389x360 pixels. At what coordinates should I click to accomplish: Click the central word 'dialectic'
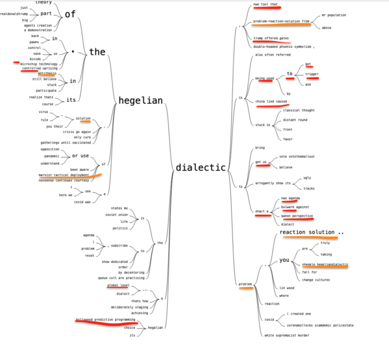[x=200, y=168]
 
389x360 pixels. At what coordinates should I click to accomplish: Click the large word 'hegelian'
[x=140, y=101]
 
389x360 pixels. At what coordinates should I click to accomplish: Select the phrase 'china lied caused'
[x=271, y=101]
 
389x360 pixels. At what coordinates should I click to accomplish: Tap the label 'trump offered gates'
[x=271, y=38]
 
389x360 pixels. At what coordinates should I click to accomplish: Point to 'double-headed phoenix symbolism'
[x=284, y=47]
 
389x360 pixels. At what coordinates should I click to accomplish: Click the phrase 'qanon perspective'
[x=297, y=216]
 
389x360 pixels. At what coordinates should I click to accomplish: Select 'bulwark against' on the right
[x=295, y=207]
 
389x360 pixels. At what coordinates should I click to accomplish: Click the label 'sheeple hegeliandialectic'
[x=325, y=264]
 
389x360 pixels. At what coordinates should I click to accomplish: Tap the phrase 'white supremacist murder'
[x=287, y=335]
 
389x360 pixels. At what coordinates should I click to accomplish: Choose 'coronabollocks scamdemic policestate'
[x=320, y=325]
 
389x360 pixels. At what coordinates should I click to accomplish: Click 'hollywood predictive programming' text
[x=106, y=320]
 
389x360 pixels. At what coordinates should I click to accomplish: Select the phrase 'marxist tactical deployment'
[x=64, y=175]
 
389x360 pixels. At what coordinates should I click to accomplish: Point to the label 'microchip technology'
[x=39, y=64]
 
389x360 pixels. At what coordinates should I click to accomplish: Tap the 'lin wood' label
[x=287, y=288]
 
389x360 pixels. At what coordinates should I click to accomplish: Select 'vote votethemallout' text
[x=297, y=156]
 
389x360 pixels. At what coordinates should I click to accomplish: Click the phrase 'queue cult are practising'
[x=121, y=278]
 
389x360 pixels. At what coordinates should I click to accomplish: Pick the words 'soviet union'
[x=116, y=215]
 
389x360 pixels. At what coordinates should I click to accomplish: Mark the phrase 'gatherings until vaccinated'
[x=66, y=143]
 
